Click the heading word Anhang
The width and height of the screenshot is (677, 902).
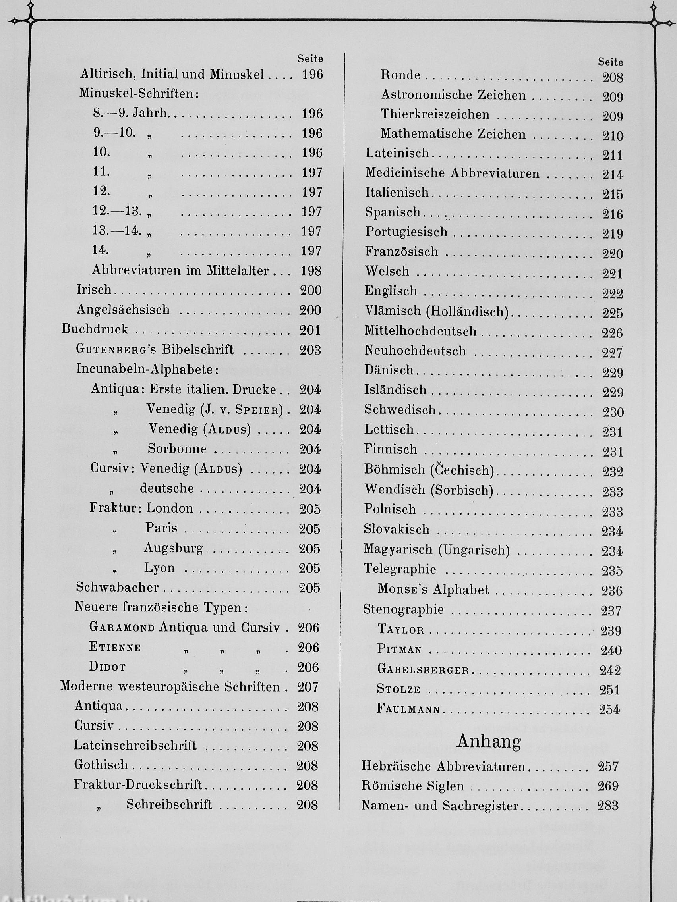click(x=488, y=742)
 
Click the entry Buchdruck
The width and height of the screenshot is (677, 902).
click(x=95, y=329)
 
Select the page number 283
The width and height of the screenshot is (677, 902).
click(x=607, y=806)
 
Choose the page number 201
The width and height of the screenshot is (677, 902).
click(x=310, y=330)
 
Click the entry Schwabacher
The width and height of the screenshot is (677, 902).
click(x=117, y=587)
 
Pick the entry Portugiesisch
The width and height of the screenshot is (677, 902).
click(x=406, y=231)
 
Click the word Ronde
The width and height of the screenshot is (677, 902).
click(x=400, y=75)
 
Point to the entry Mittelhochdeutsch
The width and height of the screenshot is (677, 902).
click(x=420, y=331)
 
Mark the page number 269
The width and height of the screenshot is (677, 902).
click(x=608, y=786)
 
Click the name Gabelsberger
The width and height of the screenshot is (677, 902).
click(x=423, y=670)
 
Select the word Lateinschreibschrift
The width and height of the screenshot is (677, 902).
click(x=135, y=746)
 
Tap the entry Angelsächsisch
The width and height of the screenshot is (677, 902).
click(x=123, y=310)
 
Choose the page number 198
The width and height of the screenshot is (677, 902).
click(x=311, y=271)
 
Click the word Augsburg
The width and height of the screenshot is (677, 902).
click(x=173, y=548)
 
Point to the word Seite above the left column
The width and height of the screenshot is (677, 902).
click(x=310, y=59)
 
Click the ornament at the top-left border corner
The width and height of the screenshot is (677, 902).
click(x=31, y=20)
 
